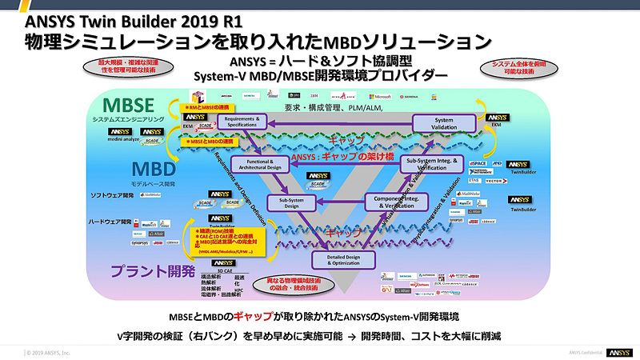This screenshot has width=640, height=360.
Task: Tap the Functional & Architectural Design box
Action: click(x=266, y=164)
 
